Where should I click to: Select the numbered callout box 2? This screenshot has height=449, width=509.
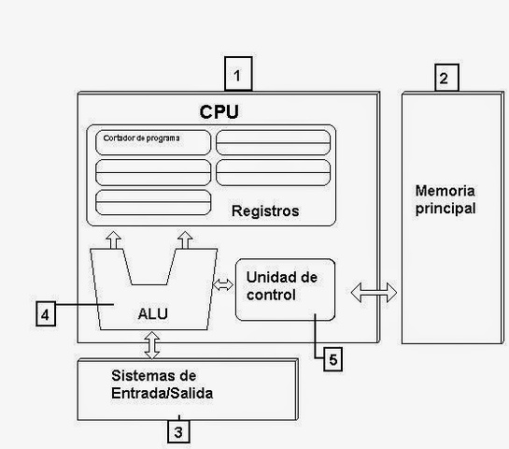[x=445, y=78]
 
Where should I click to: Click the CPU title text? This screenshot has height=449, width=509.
[x=219, y=111]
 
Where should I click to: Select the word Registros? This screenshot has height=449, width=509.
[x=265, y=211]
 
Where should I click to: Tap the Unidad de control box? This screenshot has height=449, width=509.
[x=284, y=289]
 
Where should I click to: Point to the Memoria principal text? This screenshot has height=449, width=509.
[x=445, y=199]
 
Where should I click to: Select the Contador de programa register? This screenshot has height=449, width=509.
[x=153, y=142]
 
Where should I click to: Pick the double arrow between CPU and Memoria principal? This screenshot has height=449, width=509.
[x=365, y=293]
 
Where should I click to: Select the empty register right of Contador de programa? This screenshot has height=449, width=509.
[x=273, y=142]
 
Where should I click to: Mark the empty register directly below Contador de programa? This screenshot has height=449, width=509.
[x=153, y=173]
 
